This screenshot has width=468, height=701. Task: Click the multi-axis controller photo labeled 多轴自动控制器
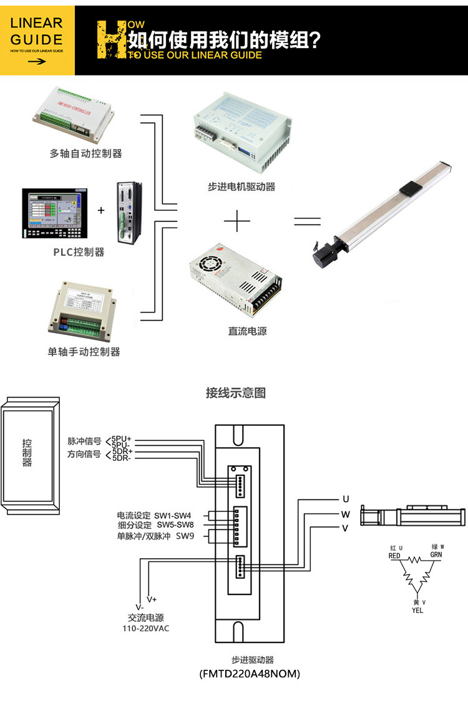click(78, 116)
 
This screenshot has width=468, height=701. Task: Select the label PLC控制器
click(79, 253)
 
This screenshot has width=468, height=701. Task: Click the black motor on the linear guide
click(323, 249)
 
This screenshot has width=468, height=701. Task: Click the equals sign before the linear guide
click(307, 221)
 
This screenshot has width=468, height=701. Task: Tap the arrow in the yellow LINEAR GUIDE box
click(37, 61)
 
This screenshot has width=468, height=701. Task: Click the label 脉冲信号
click(84, 442)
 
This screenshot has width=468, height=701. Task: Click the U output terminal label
click(345, 499)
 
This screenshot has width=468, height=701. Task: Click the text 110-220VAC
click(145, 629)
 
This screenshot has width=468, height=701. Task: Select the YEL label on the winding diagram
click(417, 611)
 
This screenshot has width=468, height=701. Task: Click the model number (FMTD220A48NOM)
click(250, 674)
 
